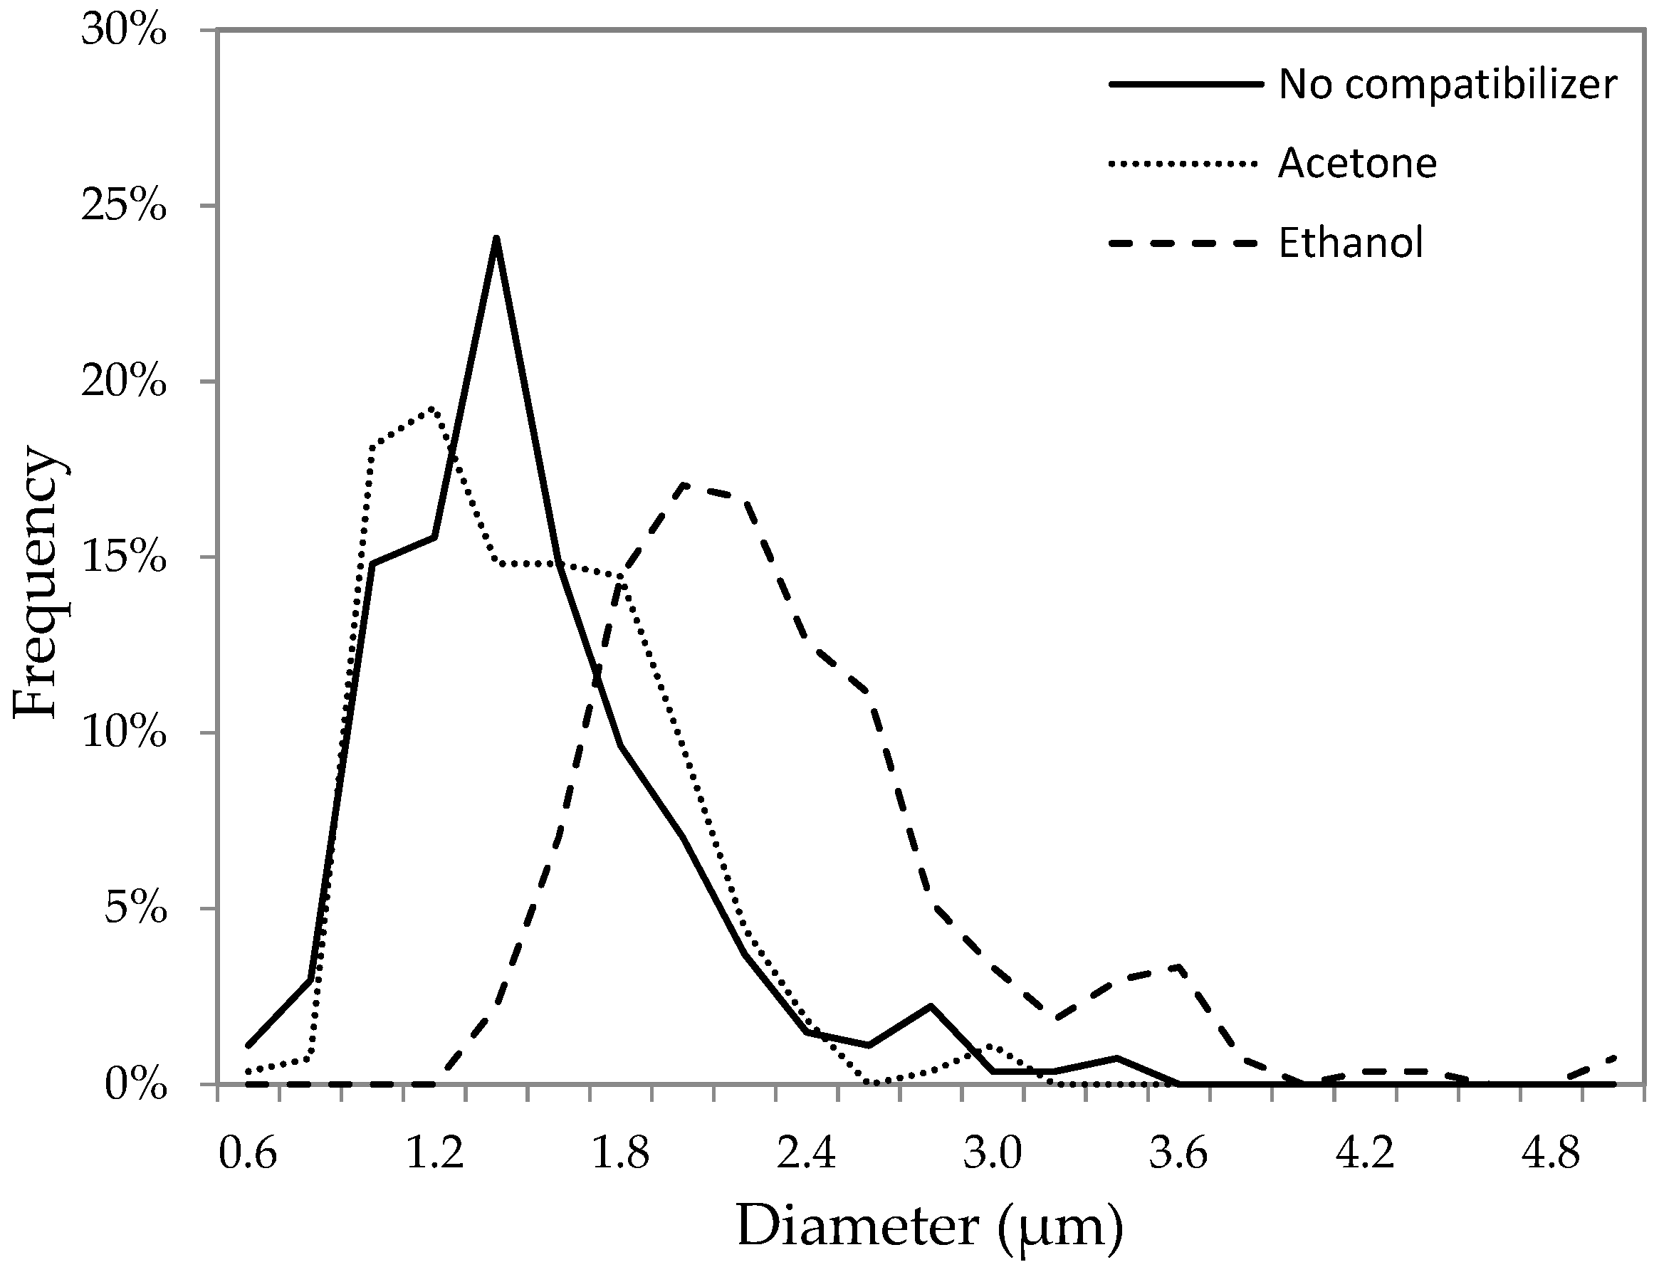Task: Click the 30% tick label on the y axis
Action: pyautogui.click(x=123, y=32)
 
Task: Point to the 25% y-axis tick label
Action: pyautogui.click(x=123, y=206)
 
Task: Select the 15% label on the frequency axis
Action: pyautogui.click(x=123, y=558)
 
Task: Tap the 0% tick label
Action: pyautogui.click(x=135, y=1086)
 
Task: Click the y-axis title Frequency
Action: pyautogui.click(x=36, y=582)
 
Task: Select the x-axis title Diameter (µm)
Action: pyautogui.click(x=930, y=1226)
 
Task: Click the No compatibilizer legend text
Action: pyautogui.click(x=1447, y=84)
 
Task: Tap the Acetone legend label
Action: pyautogui.click(x=1357, y=164)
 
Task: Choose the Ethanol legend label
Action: pyautogui.click(x=1351, y=243)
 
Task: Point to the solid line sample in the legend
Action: pyautogui.click(x=1185, y=84)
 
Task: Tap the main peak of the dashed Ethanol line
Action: pyautogui.click(x=684, y=485)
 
